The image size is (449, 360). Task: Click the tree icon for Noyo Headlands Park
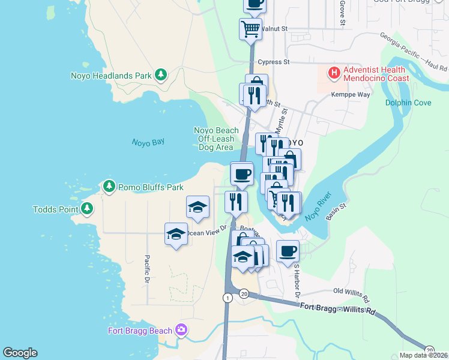160,75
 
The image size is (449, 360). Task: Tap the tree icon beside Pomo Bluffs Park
109,187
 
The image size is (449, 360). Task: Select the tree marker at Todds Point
88,209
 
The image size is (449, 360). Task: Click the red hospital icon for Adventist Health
334,74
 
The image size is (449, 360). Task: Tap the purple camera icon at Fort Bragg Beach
181,330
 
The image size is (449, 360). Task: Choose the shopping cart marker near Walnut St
250,28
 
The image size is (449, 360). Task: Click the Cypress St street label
273,62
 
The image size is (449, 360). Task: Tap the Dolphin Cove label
408,103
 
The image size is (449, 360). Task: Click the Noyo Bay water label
148,142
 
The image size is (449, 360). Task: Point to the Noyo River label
319,206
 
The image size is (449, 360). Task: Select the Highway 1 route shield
228,298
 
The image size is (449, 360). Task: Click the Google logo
20,353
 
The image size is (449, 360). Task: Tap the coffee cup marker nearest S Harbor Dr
288,251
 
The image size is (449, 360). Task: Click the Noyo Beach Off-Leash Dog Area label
215,139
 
